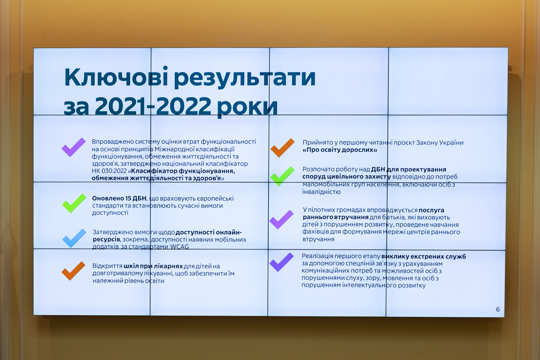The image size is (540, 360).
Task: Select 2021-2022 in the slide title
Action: pos(153,106)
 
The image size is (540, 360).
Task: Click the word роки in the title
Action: pos(247,108)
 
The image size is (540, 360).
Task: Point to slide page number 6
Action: pos(498,309)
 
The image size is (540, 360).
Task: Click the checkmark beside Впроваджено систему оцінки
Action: pos(73,147)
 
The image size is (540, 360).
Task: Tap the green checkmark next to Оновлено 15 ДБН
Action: pos(74,203)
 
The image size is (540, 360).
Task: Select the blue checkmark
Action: pos(74,238)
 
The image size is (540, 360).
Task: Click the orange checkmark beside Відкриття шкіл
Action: pos(73,271)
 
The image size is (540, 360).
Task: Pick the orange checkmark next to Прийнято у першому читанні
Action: pos(283,148)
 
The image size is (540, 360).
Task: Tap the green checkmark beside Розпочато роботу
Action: pos(282,176)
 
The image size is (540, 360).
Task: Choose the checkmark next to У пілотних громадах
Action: pos(281,220)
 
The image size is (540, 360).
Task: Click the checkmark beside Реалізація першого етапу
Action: pos(281,262)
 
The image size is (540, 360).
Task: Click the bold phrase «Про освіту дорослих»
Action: pos(340,150)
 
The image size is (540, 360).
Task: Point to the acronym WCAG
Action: pos(179,247)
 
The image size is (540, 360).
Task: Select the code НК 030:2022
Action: pos(109,171)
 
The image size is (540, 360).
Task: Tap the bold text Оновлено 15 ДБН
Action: pos(119,198)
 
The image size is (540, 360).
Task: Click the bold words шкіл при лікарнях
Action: pos(153,266)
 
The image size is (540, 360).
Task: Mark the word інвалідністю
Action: pos(321,192)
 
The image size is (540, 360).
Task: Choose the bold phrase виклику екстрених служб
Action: pos(424,256)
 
